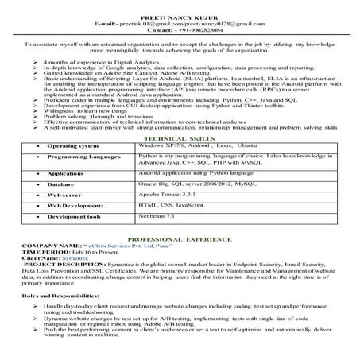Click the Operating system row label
tap(72, 147)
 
